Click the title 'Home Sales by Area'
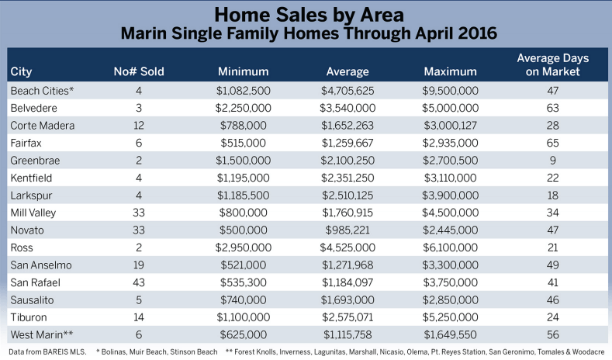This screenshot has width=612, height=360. click(306, 14)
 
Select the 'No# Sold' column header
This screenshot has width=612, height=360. click(139, 72)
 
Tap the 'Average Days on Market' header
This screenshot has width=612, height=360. click(553, 65)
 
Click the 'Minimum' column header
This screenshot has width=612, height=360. click(243, 72)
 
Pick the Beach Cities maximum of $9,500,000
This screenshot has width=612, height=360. click(451, 91)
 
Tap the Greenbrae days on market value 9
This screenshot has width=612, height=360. click(553, 160)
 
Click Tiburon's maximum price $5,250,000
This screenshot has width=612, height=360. click(451, 317)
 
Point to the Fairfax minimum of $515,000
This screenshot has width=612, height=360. click(243, 143)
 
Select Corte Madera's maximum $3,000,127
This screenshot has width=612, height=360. click(451, 126)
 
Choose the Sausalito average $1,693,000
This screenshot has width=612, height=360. click(347, 299)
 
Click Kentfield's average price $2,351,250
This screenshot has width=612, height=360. click(347, 178)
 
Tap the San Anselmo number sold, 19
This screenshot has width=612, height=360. click(139, 265)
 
